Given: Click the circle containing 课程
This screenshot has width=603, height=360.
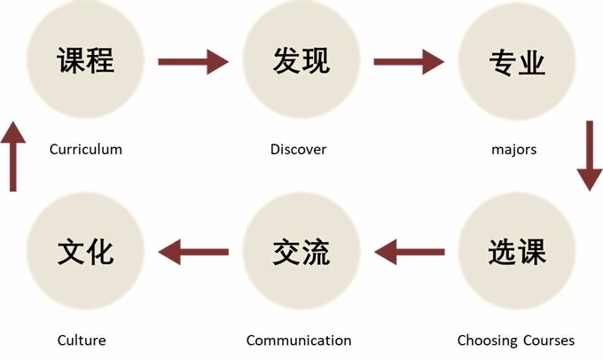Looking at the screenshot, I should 87,61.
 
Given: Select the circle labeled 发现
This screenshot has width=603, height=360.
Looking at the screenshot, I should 301,61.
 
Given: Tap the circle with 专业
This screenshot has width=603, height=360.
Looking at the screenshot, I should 516,61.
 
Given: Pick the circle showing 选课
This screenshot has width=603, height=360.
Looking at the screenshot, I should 516,252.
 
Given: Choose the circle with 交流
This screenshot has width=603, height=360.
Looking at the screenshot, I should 301,252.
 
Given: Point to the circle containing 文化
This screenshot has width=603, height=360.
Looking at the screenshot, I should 85,252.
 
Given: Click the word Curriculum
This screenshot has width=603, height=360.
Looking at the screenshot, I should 86,149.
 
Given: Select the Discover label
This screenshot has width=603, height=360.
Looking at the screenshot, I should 298,149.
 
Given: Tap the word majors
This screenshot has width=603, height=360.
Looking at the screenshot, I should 514,149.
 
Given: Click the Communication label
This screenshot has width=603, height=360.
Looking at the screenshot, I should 299,340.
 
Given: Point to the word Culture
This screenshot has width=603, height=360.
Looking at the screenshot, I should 82,340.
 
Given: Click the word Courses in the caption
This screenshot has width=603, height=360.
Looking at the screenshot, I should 548,340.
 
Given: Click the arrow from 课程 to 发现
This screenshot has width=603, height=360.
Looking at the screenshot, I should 193,61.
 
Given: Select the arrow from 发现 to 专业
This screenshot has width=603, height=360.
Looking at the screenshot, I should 409,61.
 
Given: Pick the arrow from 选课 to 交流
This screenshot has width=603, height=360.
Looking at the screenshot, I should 409,253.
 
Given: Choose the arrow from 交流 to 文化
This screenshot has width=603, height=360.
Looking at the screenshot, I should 193,253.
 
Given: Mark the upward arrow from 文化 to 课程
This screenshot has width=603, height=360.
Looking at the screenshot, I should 12,157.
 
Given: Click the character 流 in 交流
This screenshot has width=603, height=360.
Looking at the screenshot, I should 316,252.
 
